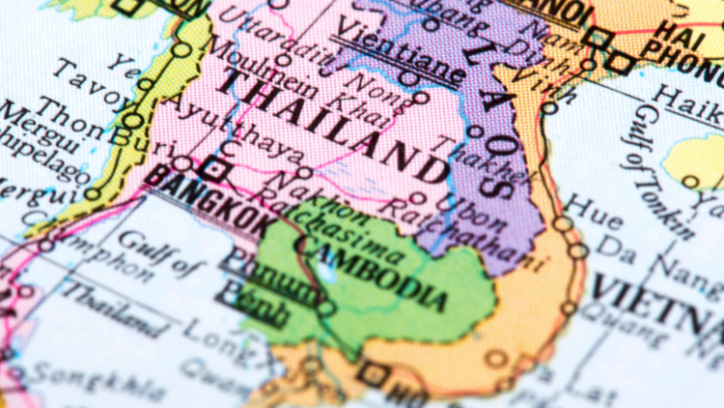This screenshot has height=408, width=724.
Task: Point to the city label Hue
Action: pyautogui.click(x=579, y=205)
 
